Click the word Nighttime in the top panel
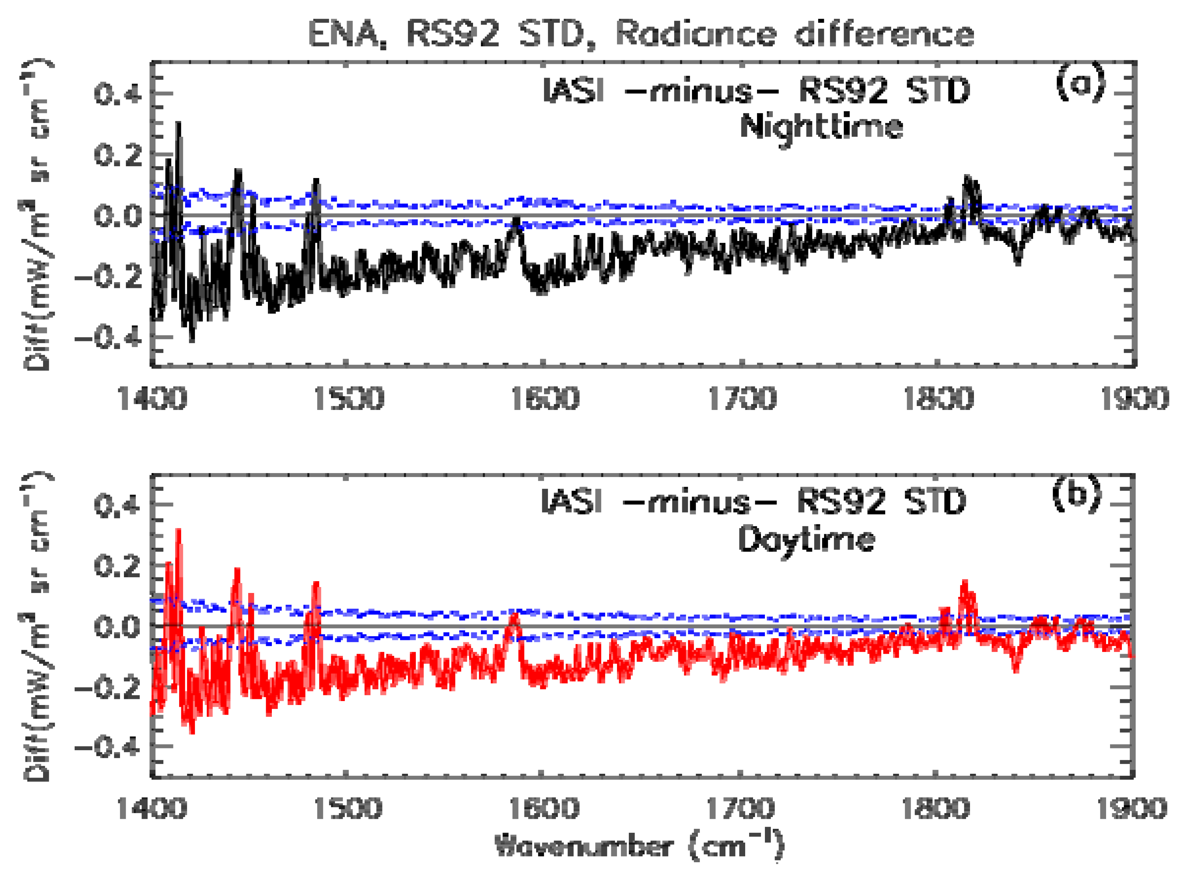pyautogui.click(x=821, y=127)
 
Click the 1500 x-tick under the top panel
pyautogui.click(x=347, y=398)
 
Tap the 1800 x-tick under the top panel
pyautogui.click(x=938, y=398)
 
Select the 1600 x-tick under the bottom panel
pyautogui.click(x=544, y=808)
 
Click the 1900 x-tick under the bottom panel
pyautogui.click(x=1133, y=808)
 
